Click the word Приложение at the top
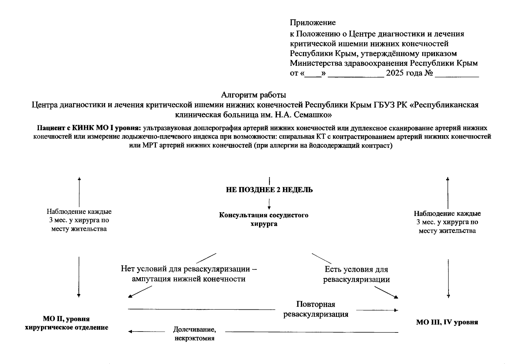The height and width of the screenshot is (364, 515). pyautogui.click(x=313, y=23)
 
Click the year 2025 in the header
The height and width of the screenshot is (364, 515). pyautogui.click(x=396, y=73)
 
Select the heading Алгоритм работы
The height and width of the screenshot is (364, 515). pyautogui.click(x=253, y=95)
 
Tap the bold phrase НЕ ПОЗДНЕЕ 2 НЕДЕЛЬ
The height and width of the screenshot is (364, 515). pyautogui.click(x=269, y=190)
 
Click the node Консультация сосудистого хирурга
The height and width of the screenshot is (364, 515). pyautogui.click(x=264, y=219)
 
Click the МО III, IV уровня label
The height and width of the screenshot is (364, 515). pyautogui.click(x=447, y=322)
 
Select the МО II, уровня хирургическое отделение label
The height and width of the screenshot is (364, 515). pyautogui.click(x=66, y=323)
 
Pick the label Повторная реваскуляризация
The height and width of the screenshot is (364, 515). pyautogui.click(x=316, y=309)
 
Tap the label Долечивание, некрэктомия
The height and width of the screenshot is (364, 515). pyautogui.click(x=194, y=334)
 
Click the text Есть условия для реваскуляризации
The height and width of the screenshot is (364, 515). pyautogui.click(x=356, y=274)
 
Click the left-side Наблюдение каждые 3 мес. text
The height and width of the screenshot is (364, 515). pyautogui.click(x=79, y=220)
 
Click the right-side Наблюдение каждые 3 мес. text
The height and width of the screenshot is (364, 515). pyautogui.click(x=447, y=222)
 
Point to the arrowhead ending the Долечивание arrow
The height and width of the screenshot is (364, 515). pyautogui.click(x=130, y=332)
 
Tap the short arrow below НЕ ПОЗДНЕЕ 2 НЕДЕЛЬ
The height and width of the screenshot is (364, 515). pyautogui.click(x=269, y=204)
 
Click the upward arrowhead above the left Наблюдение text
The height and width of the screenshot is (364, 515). pyautogui.click(x=79, y=179)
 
